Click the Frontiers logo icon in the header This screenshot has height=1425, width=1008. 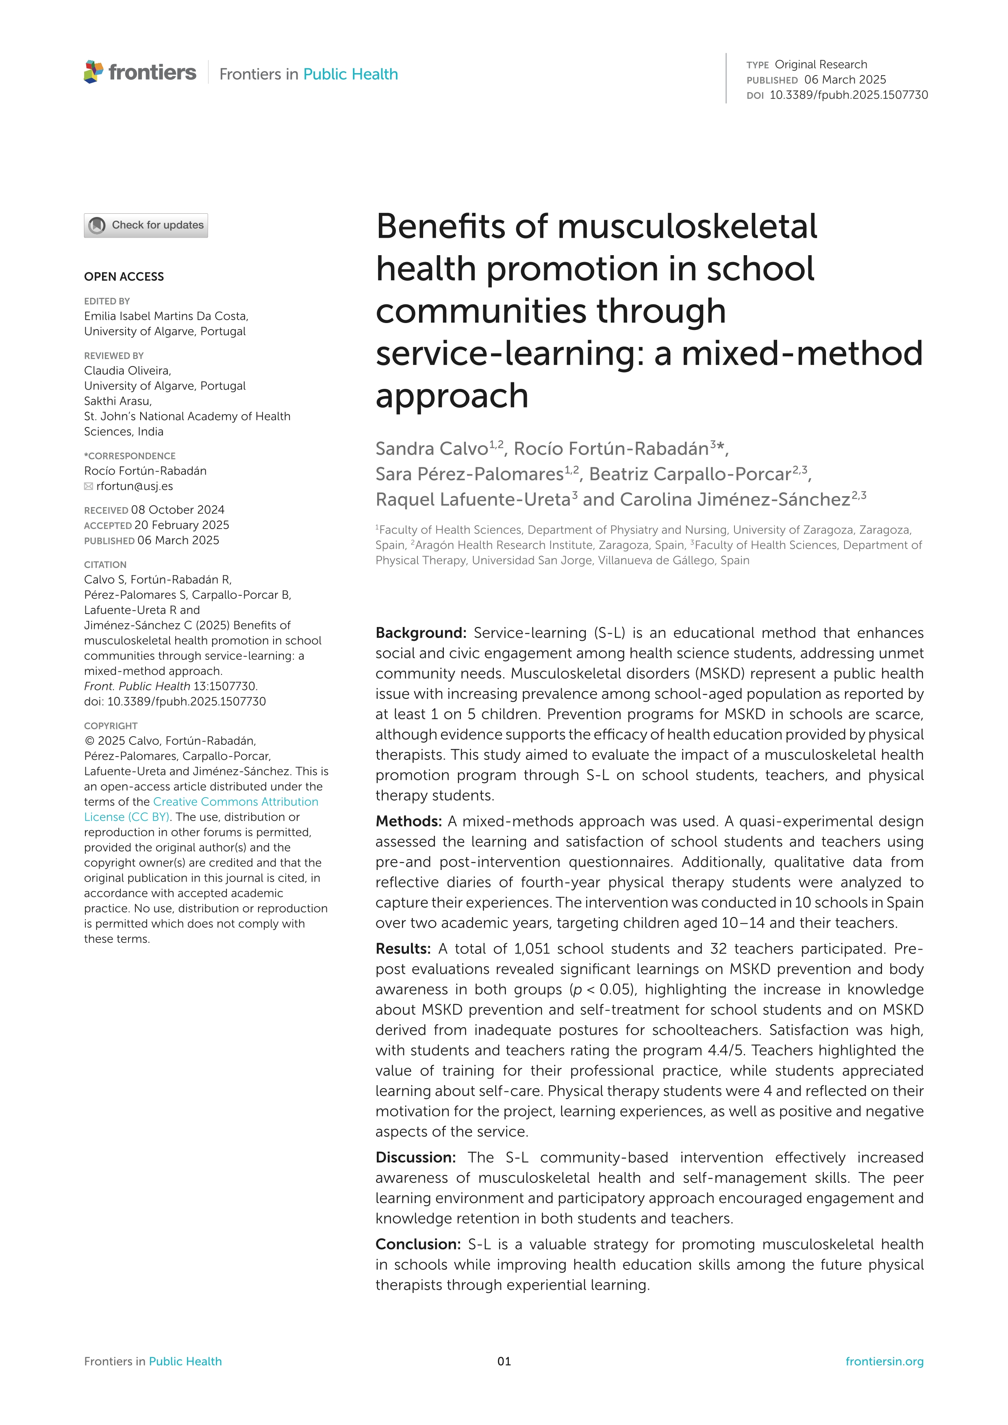point(94,72)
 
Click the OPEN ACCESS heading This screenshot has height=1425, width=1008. point(124,277)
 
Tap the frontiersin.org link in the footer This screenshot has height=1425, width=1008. point(884,1362)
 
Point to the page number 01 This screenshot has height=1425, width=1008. point(504,1362)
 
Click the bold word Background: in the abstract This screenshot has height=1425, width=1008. point(421,633)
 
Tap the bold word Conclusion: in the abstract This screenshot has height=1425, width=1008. point(418,1245)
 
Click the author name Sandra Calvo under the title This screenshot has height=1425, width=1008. point(431,449)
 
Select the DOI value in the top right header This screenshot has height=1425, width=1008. point(849,95)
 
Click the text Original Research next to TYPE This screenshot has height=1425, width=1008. point(821,65)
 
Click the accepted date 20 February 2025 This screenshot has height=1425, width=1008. point(181,525)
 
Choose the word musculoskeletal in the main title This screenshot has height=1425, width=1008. point(687,227)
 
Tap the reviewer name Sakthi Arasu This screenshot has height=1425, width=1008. point(118,401)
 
